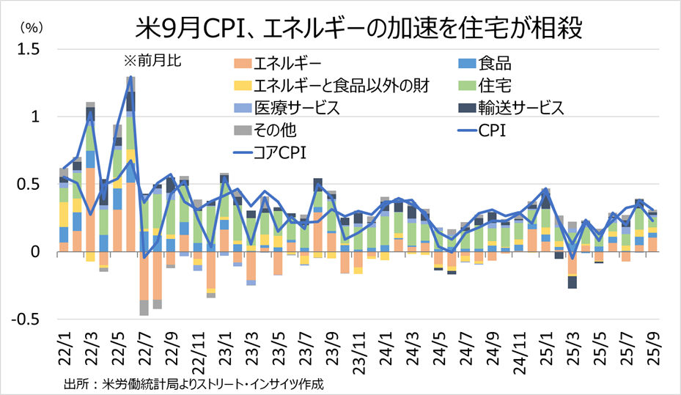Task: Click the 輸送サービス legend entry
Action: pyautogui.click(x=520, y=108)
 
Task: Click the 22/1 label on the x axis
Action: pyautogui.click(x=65, y=344)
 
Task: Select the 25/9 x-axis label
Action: pyautogui.click(x=652, y=344)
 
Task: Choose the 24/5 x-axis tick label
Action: pyautogui.click(x=438, y=344)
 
